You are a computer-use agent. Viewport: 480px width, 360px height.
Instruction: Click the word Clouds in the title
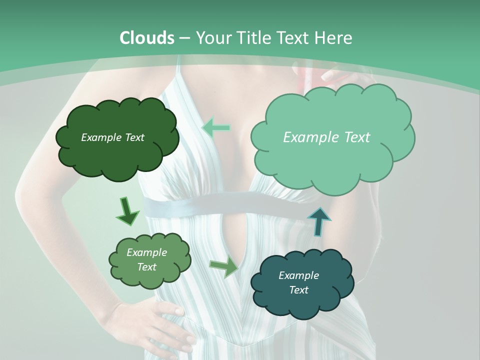coord(146,37)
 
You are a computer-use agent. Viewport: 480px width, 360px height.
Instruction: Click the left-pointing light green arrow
coord(216,128)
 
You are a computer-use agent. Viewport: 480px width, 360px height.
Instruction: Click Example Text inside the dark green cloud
coord(112,137)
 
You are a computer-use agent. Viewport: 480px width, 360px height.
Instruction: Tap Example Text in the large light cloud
coord(326,137)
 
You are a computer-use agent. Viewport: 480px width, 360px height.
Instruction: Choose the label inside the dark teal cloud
coord(298,282)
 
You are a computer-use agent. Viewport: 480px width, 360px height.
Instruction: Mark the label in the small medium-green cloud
coord(147,259)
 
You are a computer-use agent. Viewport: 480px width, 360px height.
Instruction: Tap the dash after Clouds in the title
coord(184,38)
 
